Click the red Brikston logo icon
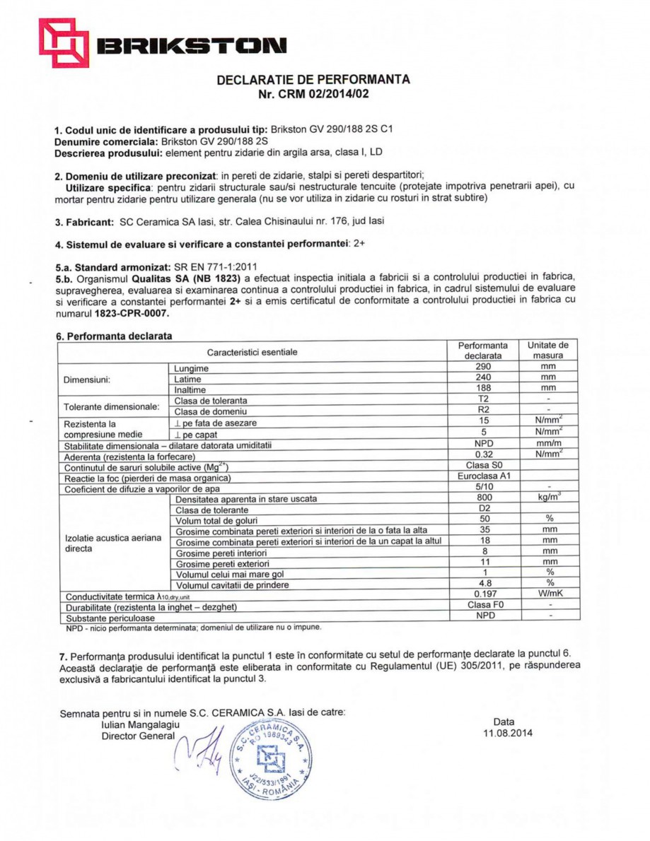click(64, 42)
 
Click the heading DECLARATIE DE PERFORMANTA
click(313, 80)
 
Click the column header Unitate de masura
click(548, 351)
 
